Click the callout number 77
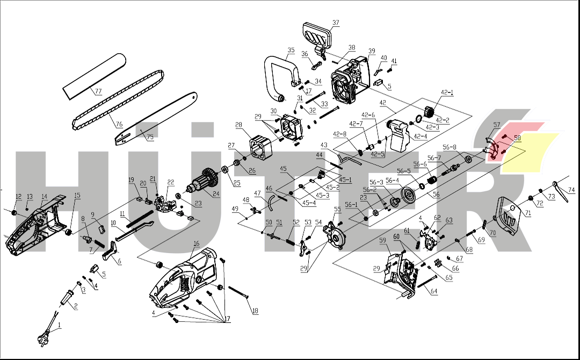[x=98, y=91]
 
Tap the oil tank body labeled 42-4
[x=400, y=137]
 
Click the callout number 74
[x=571, y=190]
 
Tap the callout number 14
[x=44, y=196]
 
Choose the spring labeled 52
[x=291, y=242]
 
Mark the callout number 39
[x=372, y=51]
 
